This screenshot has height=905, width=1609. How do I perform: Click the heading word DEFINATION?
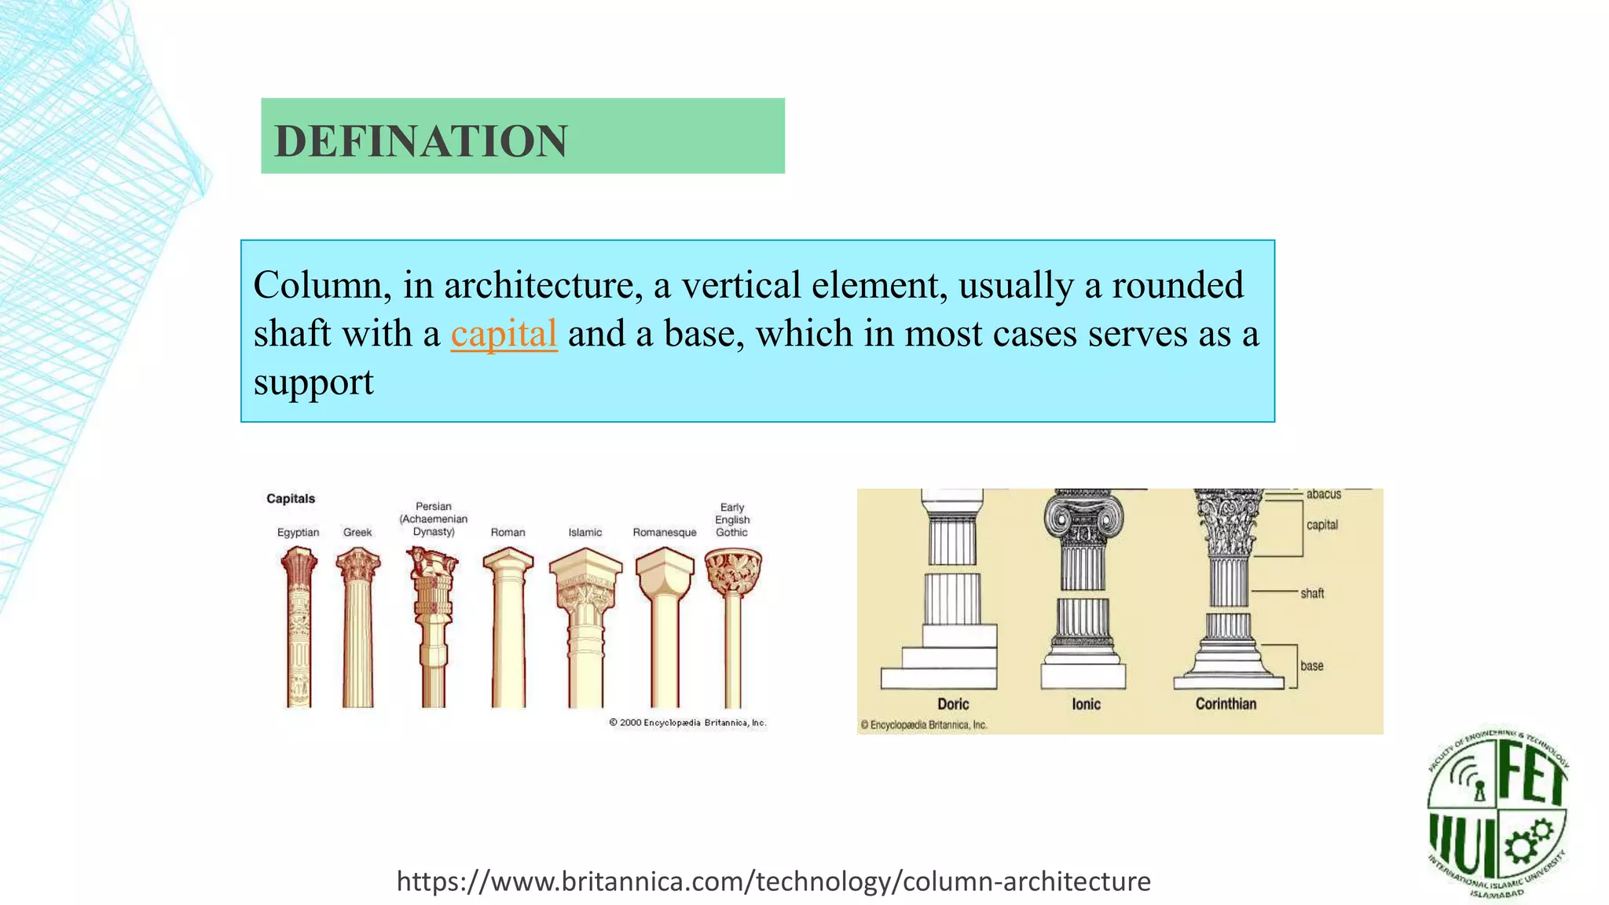tap(420, 141)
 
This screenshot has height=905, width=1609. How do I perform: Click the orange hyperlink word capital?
tap(504, 334)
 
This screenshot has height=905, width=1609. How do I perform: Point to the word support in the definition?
tap(313, 383)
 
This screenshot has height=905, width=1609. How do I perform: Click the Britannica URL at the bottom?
tap(773, 881)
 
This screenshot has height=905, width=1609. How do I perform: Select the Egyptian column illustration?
tap(299, 628)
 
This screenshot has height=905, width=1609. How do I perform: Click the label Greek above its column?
tap(357, 533)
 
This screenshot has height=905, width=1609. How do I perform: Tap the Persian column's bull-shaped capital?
tap(431, 566)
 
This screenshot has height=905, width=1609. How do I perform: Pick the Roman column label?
tap(508, 533)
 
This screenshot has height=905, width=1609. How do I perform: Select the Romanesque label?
tap(665, 533)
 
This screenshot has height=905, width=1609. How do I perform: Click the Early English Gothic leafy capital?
tap(733, 572)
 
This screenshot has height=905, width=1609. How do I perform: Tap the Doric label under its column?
tap(953, 705)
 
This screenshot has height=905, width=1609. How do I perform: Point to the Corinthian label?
tap(1226, 705)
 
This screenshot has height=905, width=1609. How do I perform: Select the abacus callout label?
tap(1324, 494)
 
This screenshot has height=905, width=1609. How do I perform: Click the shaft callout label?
tap(1312, 593)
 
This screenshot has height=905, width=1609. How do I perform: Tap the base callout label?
tap(1312, 666)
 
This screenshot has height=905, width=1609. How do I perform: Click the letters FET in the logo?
tap(1532, 774)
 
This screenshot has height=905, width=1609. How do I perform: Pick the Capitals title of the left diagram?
tap(291, 499)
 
